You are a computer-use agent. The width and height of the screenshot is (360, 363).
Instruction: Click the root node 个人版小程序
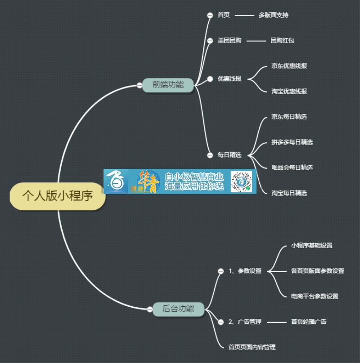[58, 196]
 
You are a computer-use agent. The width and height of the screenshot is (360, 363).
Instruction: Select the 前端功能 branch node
[168, 84]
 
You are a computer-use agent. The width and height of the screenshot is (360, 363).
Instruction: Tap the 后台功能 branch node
[178, 309]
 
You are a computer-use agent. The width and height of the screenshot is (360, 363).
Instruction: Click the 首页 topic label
[224, 15]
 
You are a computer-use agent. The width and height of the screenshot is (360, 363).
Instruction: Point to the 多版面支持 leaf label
[274, 15]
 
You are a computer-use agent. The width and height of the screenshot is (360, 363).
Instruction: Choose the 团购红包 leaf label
[283, 41]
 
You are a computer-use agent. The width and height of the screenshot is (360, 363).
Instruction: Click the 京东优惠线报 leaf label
[289, 66]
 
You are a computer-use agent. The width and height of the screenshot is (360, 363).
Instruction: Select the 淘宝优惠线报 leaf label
[289, 91]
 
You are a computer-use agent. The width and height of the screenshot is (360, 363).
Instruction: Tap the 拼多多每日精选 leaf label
[292, 142]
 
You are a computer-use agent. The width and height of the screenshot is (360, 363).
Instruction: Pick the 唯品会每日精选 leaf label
[292, 168]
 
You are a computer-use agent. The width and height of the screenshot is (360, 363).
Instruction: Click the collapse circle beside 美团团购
[210, 41]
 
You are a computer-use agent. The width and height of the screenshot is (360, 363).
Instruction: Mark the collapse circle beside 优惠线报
[210, 79]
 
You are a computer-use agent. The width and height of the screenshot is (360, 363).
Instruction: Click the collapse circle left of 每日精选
[210, 155]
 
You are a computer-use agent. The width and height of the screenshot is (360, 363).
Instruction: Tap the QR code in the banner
[240, 181]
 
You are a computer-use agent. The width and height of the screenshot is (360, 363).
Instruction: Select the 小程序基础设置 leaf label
[312, 246]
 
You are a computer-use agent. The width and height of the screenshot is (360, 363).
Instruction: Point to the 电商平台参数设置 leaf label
[315, 296]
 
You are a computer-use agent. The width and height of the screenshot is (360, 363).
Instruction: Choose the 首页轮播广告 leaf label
[309, 322]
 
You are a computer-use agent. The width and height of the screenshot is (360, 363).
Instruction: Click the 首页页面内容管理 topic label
[252, 347]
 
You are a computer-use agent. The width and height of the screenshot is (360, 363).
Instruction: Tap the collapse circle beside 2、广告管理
[220, 322]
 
